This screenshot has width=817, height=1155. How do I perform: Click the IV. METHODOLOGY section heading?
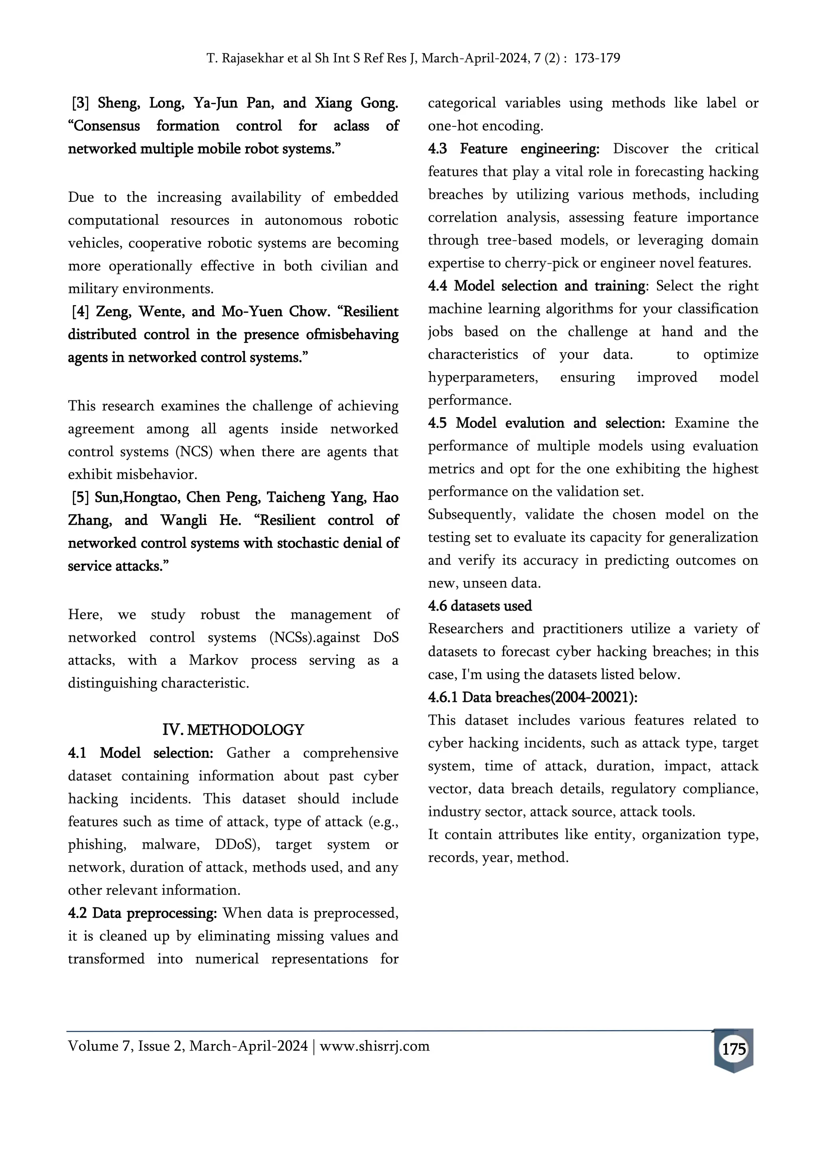[x=233, y=729]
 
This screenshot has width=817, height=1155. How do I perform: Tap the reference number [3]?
[x=81, y=103]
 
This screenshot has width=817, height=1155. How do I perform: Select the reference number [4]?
[x=81, y=311]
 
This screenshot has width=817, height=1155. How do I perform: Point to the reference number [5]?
[x=81, y=497]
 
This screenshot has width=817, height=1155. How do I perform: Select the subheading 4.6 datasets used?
[x=480, y=606]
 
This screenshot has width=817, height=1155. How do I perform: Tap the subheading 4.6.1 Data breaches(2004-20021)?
[x=532, y=697]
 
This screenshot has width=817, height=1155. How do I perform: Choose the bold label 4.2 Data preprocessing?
[x=142, y=913]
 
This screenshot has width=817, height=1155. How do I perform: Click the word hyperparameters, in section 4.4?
[x=482, y=377]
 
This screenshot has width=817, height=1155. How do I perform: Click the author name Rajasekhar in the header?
[x=253, y=58]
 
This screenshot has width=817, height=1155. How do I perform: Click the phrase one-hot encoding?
[x=485, y=126]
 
